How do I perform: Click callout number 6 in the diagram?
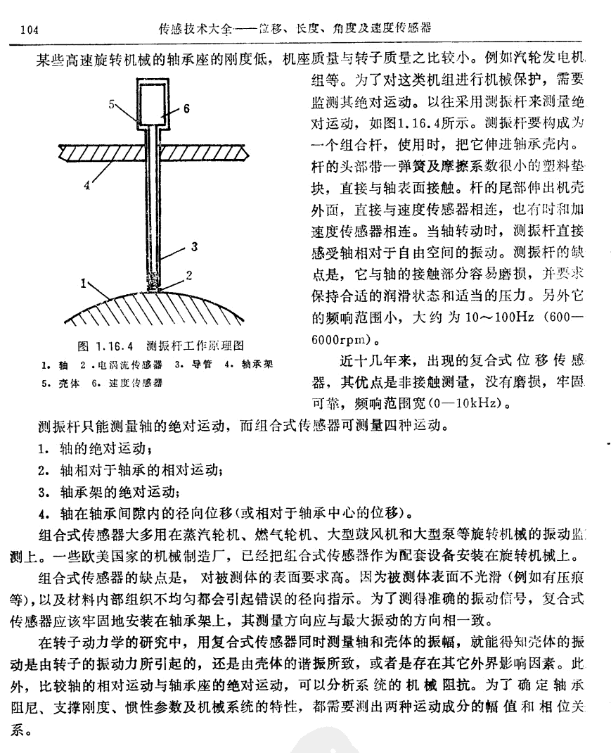(x=187, y=109)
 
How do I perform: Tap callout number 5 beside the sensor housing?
(x=112, y=103)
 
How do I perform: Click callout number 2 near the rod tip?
(x=189, y=273)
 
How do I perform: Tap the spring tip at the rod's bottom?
(x=153, y=283)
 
